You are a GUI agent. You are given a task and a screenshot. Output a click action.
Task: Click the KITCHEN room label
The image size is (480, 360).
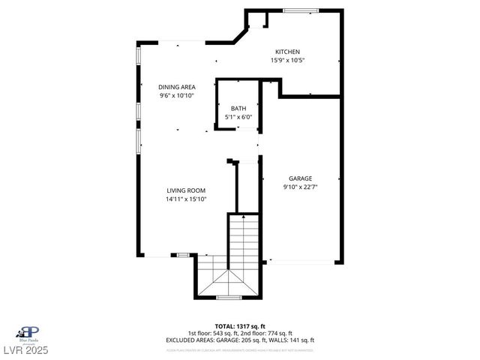click(x=287, y=52)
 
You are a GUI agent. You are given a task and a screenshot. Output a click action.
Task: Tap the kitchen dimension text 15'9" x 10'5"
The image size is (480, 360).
click(x=287, y=60)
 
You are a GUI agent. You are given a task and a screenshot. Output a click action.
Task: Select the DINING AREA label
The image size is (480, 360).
click(x=177, y=87)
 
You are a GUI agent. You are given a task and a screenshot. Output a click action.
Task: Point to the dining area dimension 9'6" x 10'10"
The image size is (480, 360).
click(x=177, y=96)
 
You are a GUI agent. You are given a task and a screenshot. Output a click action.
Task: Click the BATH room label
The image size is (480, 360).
click(x=238, y=109)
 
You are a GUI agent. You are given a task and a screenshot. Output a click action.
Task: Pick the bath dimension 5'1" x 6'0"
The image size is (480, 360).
click(x=238, y=117)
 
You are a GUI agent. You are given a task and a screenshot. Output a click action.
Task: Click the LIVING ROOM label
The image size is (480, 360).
click(x=186, y=190)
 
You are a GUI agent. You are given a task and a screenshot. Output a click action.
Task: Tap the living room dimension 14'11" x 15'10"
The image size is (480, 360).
click(x=186, y=199)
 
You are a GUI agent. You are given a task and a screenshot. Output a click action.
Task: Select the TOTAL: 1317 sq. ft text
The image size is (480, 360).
click(x=240, y=326)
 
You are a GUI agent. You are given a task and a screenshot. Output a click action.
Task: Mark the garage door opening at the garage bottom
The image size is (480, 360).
click(x=301, y=262)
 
